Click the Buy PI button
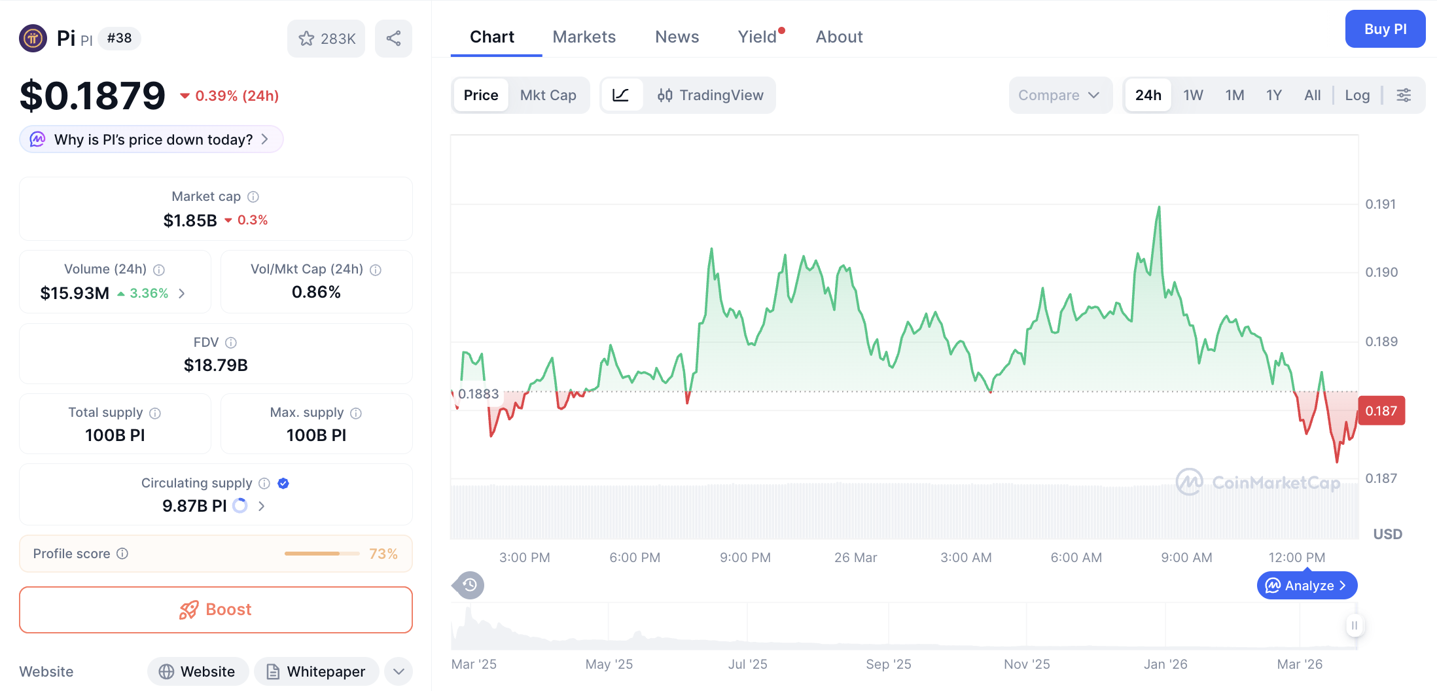click(1385, 29)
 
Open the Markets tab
click(584, 37)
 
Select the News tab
click(677, 37)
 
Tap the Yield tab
click(757, 37)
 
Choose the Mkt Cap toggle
click(548, 96)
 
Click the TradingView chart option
click(711, 96)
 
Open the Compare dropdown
click(1059, 96)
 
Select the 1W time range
click(1193, 96)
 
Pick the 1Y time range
click(1273, 96)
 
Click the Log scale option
click(1357, 96)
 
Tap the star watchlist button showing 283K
click(326, 39)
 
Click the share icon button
click(393, 39)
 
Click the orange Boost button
click(216, 610)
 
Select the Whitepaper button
click(317, 671)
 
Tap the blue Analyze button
click(1306, 586)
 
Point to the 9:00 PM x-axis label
click(745, 558)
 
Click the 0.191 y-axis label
click(1380, 204)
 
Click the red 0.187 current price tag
click(1381, 411)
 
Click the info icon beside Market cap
click(253, 197)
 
